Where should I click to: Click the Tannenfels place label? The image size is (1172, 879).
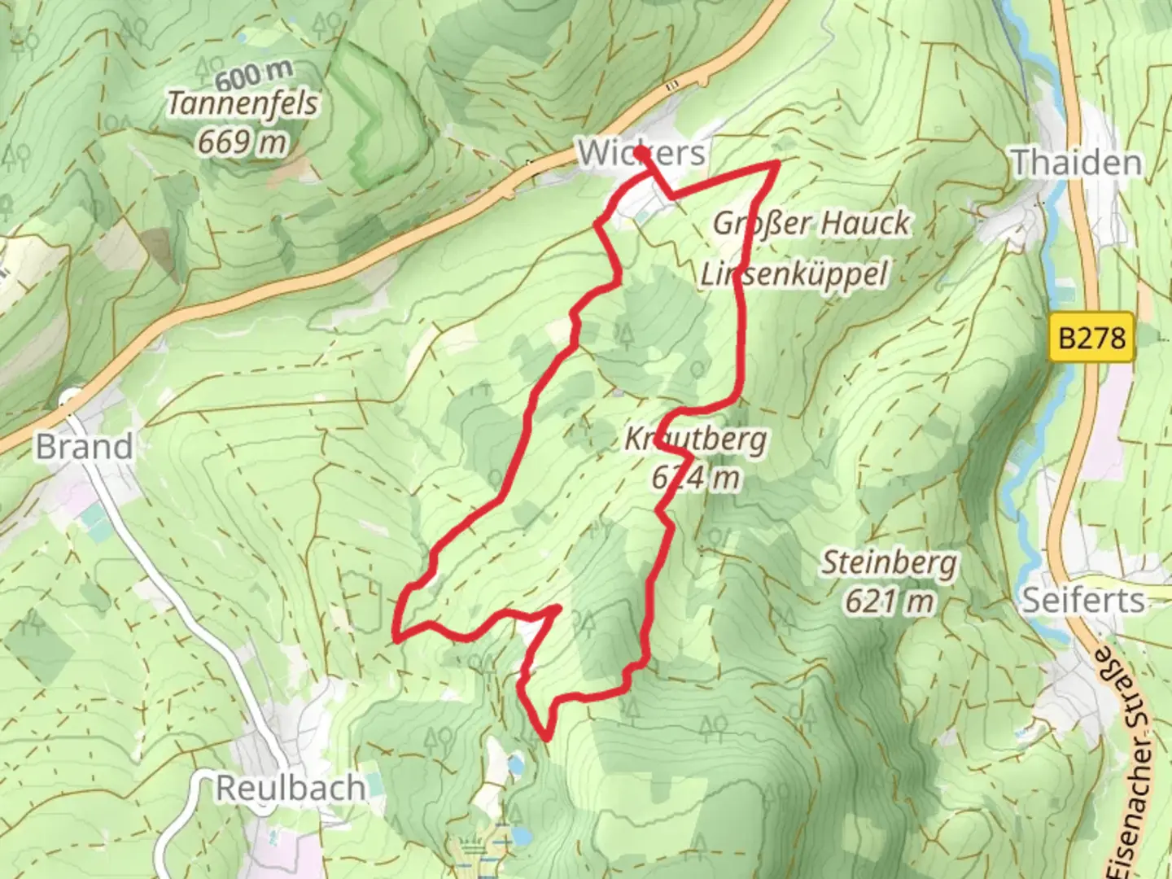(243, 104)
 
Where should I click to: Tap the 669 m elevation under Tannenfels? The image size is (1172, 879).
(243, 142)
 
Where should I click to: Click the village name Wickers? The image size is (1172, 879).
(641, 153)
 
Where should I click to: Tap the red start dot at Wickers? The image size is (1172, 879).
(641, 152)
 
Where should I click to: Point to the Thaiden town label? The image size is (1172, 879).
(1076, 163)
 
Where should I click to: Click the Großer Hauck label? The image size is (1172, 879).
(811, 222)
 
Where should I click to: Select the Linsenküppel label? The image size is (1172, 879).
(794, 274)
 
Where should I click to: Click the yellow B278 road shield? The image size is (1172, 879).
(1092, 336)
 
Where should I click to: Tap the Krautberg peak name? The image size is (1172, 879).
(696, 439)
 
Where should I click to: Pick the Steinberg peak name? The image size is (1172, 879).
(889, 562)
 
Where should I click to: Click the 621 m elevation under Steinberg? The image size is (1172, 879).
(889, 601)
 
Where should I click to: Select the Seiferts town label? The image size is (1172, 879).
(1083, 601)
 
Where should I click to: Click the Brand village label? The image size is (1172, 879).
(85, 446)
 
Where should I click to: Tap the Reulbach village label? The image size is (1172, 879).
(291, 788)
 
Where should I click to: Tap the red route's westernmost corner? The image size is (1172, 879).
(396, 634)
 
